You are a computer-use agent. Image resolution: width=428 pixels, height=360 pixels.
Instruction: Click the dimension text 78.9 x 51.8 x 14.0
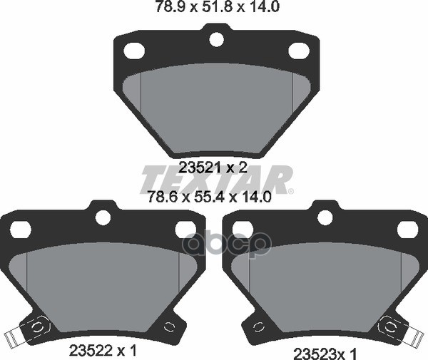[217, 6]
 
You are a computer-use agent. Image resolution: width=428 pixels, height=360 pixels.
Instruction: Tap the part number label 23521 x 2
[213, 168]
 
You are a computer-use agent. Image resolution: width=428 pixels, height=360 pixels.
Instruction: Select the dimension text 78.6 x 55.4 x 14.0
[209, 197]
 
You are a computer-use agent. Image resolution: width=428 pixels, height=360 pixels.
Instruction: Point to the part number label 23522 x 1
[103, 350]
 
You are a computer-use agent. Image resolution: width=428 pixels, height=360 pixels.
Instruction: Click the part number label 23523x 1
[325, 354]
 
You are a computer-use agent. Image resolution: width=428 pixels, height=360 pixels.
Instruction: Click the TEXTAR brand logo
[215, 179]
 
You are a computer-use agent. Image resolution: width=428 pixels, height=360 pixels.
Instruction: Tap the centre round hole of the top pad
[217, 39]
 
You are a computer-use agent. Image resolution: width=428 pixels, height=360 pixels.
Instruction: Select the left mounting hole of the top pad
[134, 51]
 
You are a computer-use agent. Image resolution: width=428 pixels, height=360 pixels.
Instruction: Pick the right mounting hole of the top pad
[299, 51]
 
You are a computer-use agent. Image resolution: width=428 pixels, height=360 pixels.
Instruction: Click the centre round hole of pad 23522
[103, 217]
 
